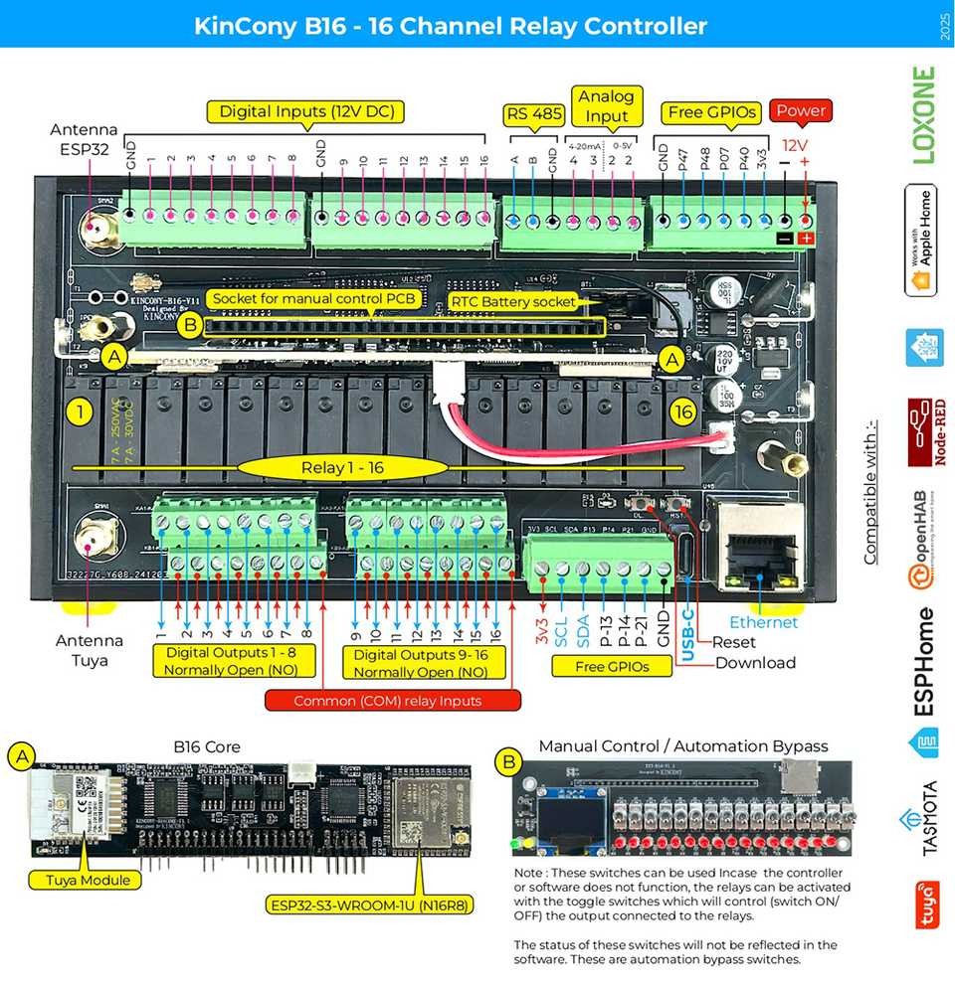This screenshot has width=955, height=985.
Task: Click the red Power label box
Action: (x=802, y=110)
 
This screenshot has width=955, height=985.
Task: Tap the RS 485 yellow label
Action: (x=534, y=112)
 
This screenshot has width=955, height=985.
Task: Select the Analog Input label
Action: (x=606, y=105)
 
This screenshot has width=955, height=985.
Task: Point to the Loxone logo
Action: (x=924, y=114)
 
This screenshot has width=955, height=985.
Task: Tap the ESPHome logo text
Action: (x=924, y=661)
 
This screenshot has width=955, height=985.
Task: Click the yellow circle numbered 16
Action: (x=682, y=410)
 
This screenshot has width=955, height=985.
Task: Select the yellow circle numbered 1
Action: (x=79, y=410)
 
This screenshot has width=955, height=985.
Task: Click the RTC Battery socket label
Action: (x=512, y=300)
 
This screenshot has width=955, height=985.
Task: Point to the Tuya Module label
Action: (x=81, y=879)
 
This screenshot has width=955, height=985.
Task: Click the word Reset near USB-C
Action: (x=734, y=642)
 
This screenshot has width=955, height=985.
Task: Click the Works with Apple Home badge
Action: (x=924, y=240)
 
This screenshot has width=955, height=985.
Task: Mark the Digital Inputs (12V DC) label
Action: (x=304, y=111)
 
